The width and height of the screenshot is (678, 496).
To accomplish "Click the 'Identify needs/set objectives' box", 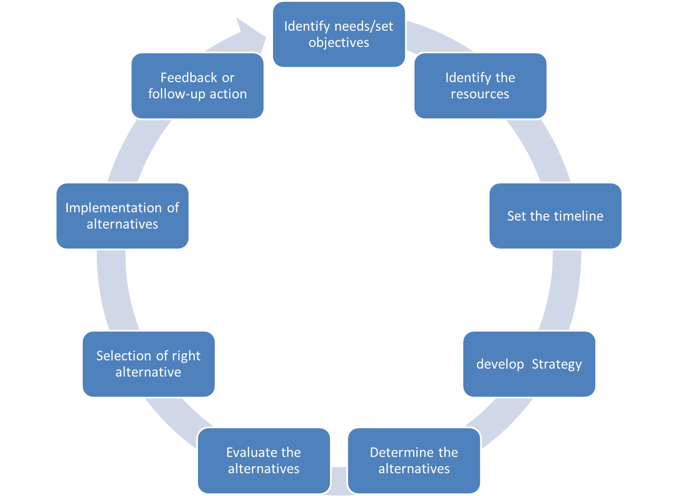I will coord(339,35).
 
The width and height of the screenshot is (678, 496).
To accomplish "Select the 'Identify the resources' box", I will coord(480,86).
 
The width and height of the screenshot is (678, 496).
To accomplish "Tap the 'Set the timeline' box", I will coord(555,216).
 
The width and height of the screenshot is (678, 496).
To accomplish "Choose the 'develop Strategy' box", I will coord(529,364).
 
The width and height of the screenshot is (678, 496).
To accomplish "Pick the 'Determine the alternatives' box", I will coord(414,461).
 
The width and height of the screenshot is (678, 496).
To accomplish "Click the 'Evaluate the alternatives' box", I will coord(264,461).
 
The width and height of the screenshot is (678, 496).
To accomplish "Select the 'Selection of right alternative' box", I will coord(148,364).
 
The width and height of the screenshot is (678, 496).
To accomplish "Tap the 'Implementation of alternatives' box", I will coord(122,216).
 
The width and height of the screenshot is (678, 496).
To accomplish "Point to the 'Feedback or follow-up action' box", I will coord(197,86).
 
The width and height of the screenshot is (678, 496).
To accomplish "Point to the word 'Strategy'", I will coord(556,365).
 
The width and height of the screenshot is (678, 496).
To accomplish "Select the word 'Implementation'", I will coord(113,208).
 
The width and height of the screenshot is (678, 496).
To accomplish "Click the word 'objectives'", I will coord(339,43).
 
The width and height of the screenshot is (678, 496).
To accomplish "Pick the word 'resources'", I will coord(480,94).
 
